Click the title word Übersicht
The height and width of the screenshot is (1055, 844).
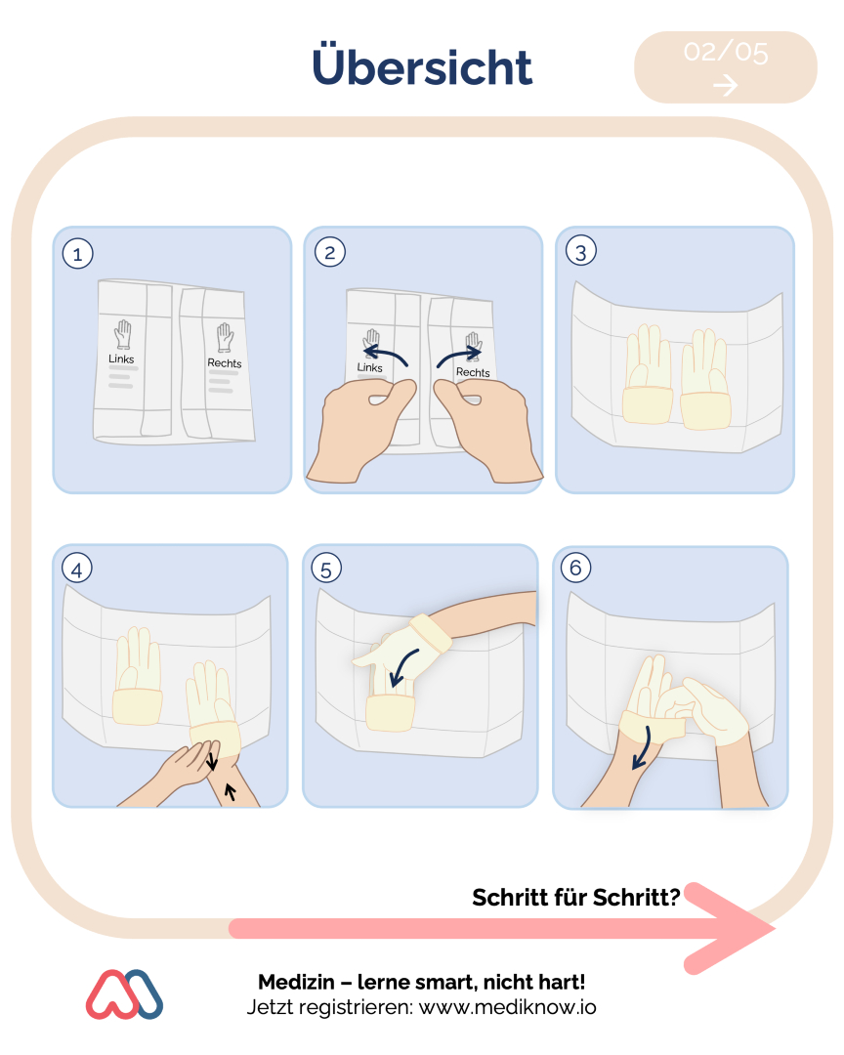[x=422, y=65]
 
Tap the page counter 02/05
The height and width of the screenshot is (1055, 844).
[x=726, y=53]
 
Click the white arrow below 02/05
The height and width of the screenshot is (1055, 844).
[x=726, y=85]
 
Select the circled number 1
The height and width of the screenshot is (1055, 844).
[x=77, y=254]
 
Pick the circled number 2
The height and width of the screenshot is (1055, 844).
[x=330, y=252]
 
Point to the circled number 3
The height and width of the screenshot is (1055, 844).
[x=581, y=251]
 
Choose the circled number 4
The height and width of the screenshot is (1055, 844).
[x=77, y=570]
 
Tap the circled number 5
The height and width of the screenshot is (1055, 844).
[x=326, y=569]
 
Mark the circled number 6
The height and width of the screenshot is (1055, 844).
[x=576, y=568]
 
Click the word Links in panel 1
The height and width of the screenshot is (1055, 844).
[x=121, y=359]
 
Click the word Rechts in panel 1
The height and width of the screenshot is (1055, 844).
[x=224, y=362]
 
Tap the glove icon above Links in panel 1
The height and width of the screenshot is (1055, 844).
[x=122, y=334]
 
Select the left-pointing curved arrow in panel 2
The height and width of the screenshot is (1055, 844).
[x=386, y=355]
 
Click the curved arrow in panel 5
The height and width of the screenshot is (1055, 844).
[x=403, y=667]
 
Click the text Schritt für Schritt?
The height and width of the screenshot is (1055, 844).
[x=576, y=897]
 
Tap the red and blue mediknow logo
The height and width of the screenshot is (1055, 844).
[x=124, y=994]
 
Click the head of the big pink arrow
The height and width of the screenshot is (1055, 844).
[x=740, y=929]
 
